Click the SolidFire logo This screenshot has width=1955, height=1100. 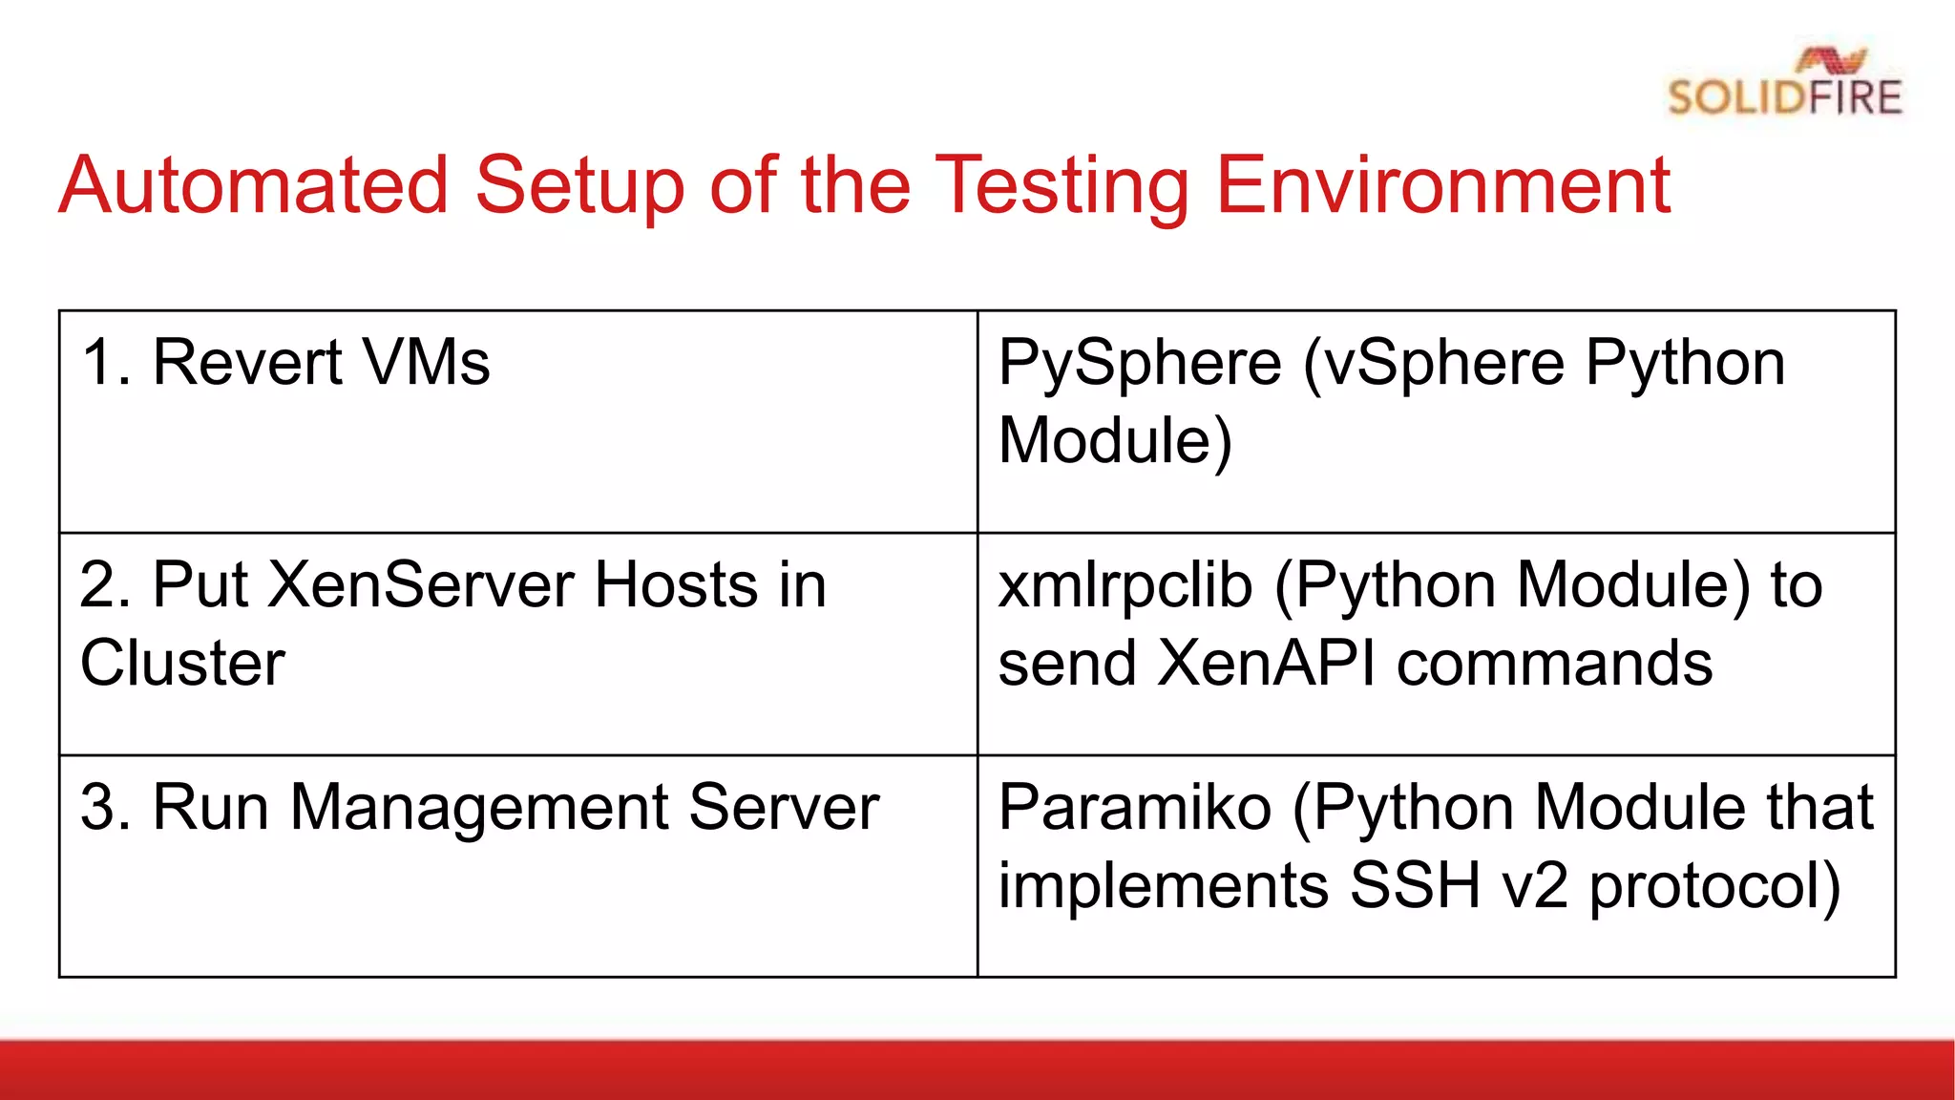[x=1784, y=84]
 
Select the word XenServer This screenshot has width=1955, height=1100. [x=421, y=584]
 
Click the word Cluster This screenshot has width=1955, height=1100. [x=182, y=663]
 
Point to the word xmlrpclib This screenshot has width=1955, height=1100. [x=1125, y=585]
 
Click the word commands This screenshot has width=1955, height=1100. [x=1554, y=665]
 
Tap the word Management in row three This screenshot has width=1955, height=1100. [x=478, y=808]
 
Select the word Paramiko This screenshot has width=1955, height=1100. [x=1135, y=807]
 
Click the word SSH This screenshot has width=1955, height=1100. [x=1415, y=885]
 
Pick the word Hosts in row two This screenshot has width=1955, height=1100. [x=676, y=584]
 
